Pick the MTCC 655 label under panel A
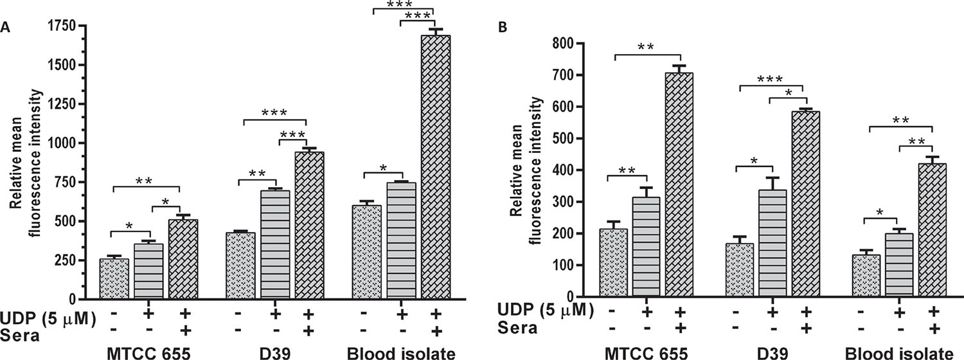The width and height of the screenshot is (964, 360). [141, 353]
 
